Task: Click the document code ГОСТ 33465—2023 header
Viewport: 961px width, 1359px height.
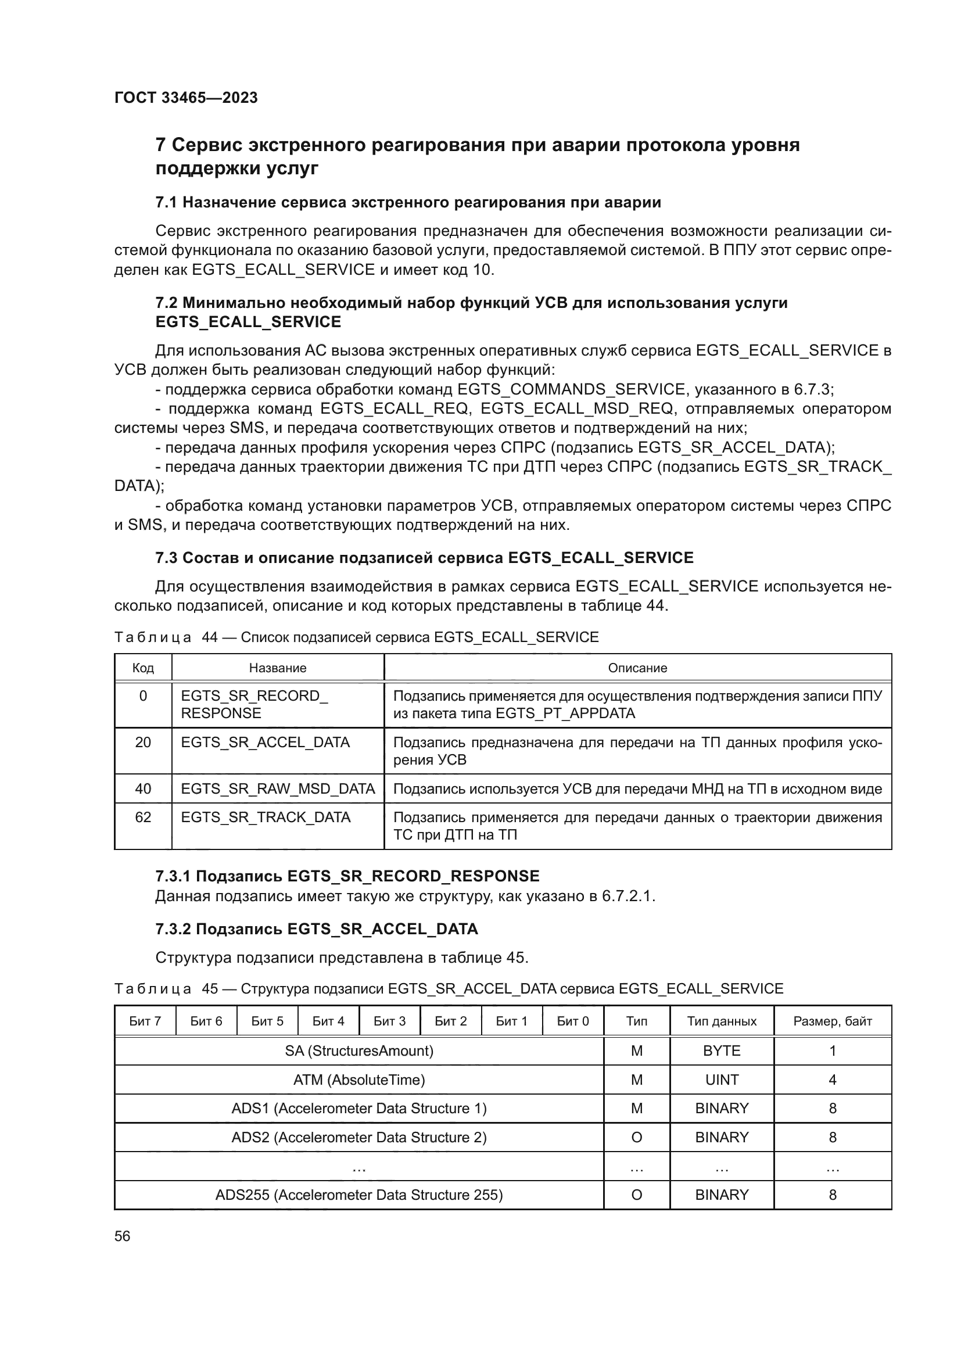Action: pos(186,98)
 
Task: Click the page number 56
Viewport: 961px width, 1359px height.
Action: pos(123,1236)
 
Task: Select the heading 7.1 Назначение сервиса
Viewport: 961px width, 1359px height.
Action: pos(408,202)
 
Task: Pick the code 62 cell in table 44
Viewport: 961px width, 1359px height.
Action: pos(143,817)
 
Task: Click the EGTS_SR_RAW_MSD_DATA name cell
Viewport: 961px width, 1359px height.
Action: pos(278,789)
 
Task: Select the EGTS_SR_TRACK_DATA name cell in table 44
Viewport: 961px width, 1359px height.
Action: pos(266,817)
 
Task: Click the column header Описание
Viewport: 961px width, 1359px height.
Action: pos(637,668)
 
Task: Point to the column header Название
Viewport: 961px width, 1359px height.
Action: pos(278,668)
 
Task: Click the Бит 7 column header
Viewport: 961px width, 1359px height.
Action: pos(145,1021)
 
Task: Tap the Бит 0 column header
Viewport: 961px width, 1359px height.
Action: pos(573,1021)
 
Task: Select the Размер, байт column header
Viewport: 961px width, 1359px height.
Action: pos(832,1021)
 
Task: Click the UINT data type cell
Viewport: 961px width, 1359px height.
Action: pos(722,1080)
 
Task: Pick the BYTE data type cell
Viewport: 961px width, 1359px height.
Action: pos(722,1051)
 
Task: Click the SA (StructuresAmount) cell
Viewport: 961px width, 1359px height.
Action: pos(358,1051)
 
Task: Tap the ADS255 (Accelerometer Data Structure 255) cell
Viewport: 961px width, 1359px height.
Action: pos(358,1195)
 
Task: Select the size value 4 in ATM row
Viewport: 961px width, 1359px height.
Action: pos(832,1080)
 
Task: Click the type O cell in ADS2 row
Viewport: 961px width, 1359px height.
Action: pos(637,1138)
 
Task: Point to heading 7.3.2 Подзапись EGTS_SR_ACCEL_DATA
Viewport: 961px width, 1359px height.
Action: pos(316,929)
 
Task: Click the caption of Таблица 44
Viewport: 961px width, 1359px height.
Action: pos(356,637)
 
